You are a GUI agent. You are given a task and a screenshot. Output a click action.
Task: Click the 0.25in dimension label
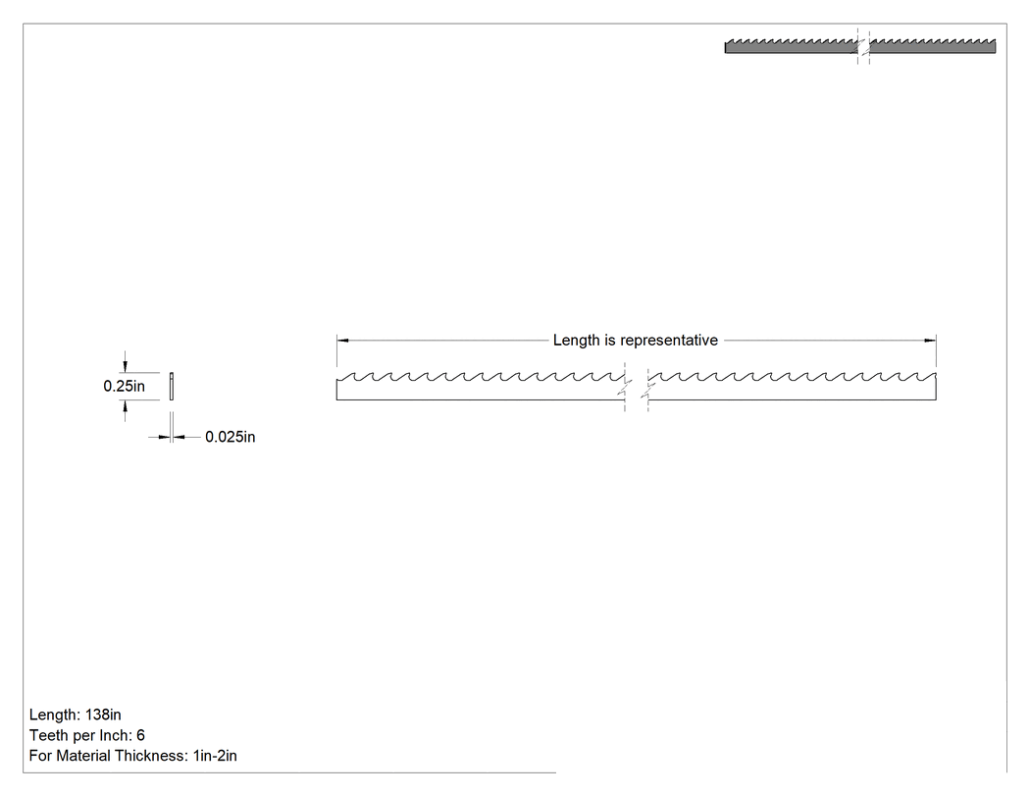[125, 386]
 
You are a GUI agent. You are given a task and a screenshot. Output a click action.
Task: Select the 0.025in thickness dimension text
[230, 437]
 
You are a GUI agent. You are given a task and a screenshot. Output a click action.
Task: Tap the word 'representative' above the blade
[669, 341]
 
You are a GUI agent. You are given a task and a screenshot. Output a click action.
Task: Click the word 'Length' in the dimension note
[576, 341]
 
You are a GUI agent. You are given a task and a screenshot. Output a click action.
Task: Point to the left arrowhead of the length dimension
[342, 341]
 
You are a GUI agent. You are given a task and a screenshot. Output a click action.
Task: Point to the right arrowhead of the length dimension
[930, 341]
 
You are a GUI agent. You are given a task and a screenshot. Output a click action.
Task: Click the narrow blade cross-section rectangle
[172, 386]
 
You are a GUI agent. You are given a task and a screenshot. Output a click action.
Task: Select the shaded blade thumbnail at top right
[860, 46]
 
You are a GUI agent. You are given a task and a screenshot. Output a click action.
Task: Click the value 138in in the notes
[103, 715]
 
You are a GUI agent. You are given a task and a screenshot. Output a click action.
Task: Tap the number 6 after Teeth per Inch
[140, 735]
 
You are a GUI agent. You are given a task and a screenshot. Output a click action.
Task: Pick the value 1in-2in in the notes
[215, 756]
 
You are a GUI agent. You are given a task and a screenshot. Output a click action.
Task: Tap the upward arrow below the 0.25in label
[125, 410]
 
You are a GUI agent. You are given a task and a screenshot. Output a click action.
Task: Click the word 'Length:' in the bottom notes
[55, 715]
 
